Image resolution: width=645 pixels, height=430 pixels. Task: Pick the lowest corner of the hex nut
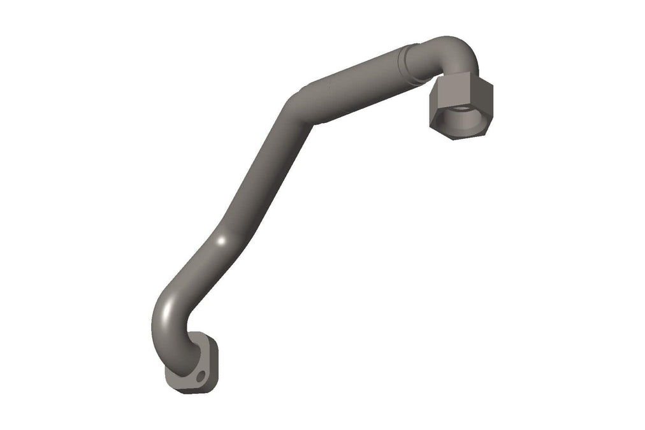pyautogui.click(x=454, y=138)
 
